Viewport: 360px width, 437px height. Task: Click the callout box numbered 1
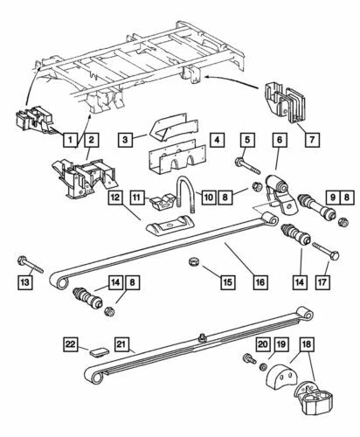pos(70,136)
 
